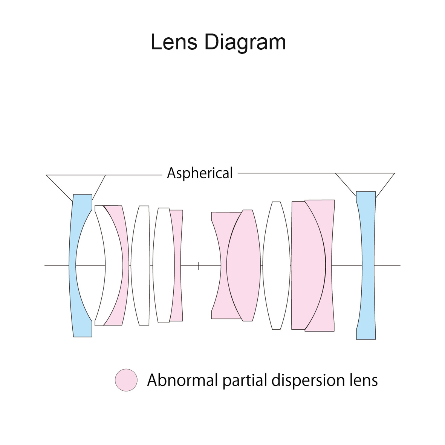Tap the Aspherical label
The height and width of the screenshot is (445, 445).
(x=200, y=173)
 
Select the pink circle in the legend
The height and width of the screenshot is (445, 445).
(x=126, y=380)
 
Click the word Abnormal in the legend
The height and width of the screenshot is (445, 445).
(x=182, y=380)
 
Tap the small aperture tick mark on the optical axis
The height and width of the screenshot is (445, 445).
(x=198, y=266)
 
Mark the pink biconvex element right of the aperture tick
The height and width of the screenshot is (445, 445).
(x=243, y=266)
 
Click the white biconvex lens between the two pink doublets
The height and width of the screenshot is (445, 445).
(x=276, y=266)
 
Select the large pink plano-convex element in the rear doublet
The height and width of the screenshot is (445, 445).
(x=308, y=266)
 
